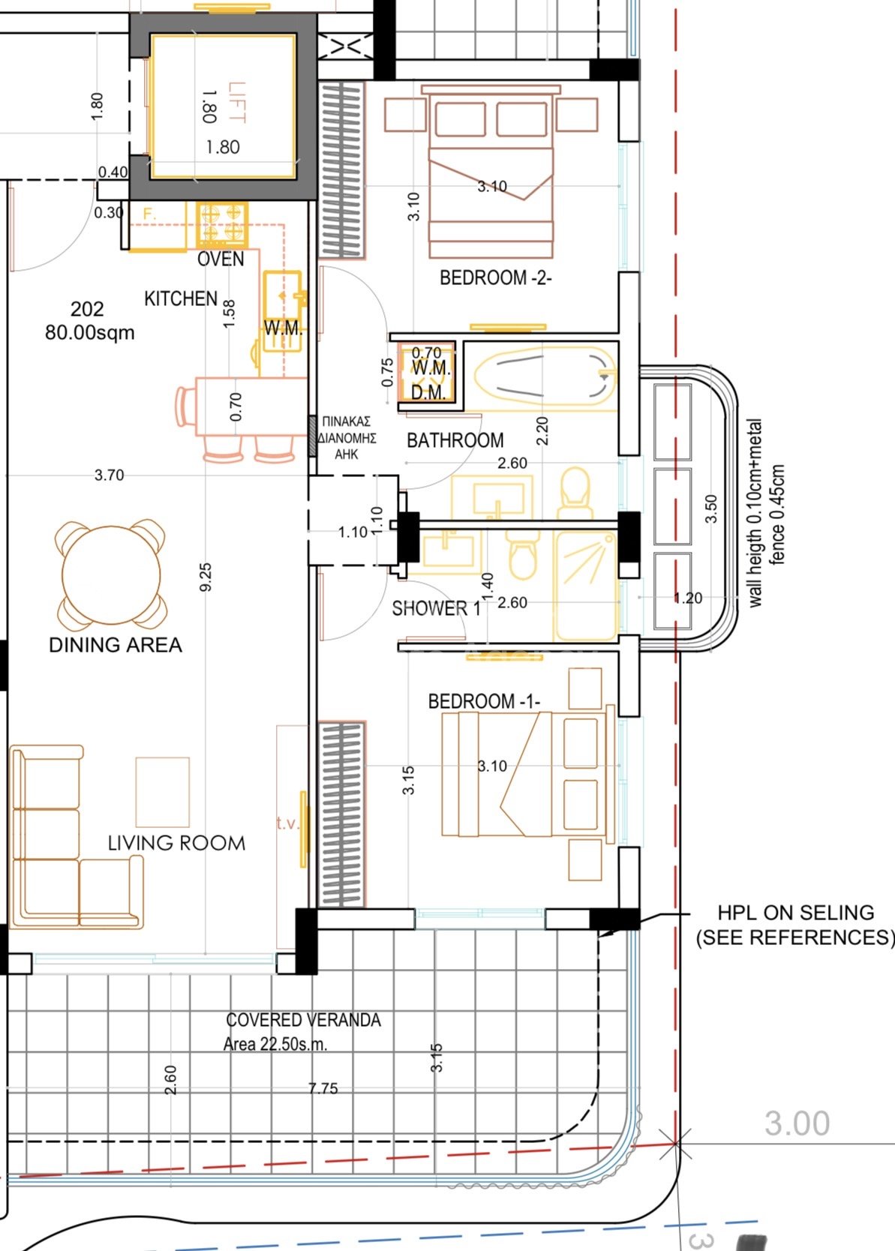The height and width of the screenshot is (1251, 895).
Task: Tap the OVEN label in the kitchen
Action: click(221, 259)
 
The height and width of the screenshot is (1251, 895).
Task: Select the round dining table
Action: click(111, 574)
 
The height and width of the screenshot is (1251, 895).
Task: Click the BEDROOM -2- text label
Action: click(495, 278)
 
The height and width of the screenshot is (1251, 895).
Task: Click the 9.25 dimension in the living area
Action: click(206, 577)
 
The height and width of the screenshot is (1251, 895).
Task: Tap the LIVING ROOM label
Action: click(176, 843)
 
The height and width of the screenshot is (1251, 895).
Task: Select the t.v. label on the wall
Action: click(287, 823)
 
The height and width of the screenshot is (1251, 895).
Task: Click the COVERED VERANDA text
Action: click(303, 1020)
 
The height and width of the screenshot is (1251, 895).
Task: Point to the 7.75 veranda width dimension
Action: click(323, 1088)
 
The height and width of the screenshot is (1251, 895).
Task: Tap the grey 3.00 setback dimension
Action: click(797, 1123)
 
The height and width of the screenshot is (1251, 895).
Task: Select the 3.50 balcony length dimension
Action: click(711, 508)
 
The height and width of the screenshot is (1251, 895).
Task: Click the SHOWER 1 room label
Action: click(436, 608)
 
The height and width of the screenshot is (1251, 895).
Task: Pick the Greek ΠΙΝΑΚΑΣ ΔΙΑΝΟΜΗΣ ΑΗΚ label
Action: click(346, 438)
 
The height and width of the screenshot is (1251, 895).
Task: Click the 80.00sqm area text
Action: click(89, 332)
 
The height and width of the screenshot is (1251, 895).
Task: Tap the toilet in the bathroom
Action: click(576, 491)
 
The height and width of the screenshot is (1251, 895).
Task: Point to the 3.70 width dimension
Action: click(109, 475)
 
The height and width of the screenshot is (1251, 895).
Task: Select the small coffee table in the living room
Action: click(162, 791)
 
